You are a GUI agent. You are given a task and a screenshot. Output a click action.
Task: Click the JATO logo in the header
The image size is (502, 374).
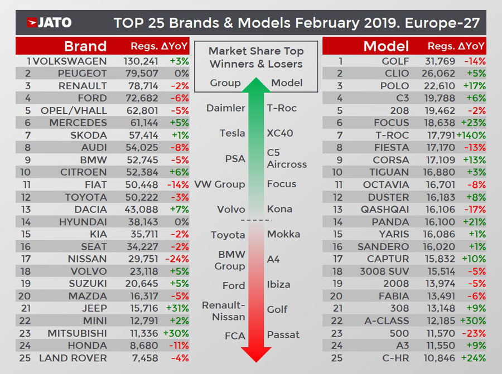49,23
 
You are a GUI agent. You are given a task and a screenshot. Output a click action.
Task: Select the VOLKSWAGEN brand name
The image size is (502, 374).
70,61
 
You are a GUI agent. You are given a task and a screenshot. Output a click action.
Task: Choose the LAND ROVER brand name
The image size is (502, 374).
73,357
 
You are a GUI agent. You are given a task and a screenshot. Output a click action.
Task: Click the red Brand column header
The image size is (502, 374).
85,46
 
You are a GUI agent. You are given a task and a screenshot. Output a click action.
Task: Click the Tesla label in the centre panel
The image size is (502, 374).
232,133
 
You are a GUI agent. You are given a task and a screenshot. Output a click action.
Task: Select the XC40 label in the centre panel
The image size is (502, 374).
280,133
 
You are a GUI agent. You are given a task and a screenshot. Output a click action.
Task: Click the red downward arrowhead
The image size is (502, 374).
256,353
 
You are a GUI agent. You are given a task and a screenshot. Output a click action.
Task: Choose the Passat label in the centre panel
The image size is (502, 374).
283,335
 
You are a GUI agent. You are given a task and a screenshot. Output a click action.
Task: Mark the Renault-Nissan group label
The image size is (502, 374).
223,310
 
